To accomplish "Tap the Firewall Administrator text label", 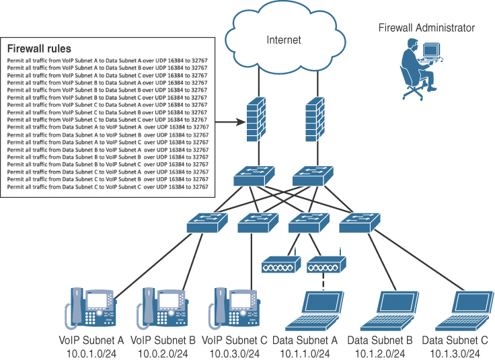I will pyautogui.click(x=426, y=28).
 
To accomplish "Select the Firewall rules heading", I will pyautogui.click(x=39, y=49).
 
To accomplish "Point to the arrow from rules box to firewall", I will pyautogui.click(x=228, y=122).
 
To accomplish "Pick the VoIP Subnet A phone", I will pyautogui.click(x=90, y=307).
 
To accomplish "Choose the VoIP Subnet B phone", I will pyautogui.click(x=162, y=307).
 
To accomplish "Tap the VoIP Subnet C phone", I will pyautogui.click(x=233, y=307).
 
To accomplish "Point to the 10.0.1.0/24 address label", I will pyautogui.click(x=93, y=353).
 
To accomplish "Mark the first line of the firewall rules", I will pyautogui.click(x=108, y=61).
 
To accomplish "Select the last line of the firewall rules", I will pyautogui.click(x=108, y=186).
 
